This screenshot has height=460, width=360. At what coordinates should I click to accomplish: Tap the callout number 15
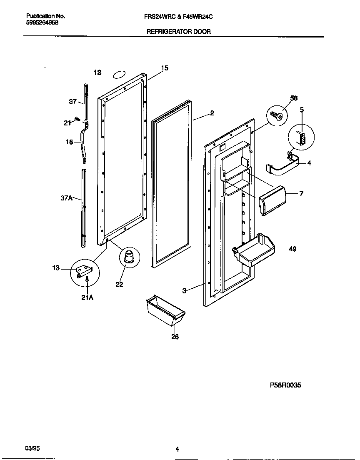(x=165, y=68)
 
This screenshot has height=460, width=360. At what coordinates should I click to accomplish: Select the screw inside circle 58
(x=275, y=115)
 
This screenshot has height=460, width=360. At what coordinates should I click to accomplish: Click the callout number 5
(x=302, y=110)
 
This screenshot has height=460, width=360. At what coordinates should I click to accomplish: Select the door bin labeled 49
(x=252, y=251)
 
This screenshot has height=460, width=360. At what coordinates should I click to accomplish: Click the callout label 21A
(x=87, y=297)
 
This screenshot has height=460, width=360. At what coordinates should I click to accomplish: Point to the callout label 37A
(x=67, y=198)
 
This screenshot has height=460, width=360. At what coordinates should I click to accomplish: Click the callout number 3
(x=184, y=290)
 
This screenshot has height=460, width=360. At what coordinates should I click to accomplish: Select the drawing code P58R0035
(x=285, y=385)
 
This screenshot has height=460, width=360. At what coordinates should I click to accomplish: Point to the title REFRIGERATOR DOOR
(x=178, y=31)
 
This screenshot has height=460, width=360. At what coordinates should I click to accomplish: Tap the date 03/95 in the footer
(x=32, y=448)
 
